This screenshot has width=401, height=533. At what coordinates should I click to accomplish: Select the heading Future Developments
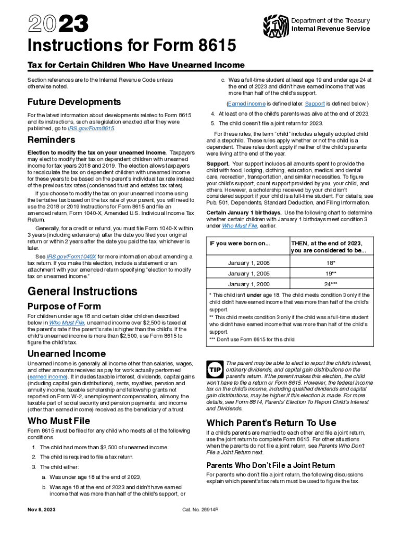(74, 102)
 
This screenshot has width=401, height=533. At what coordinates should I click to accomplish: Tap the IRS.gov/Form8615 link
(95, 128)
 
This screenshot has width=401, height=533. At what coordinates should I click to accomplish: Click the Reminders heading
(51, 140)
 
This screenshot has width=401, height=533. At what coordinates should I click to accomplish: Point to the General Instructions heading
(82, 291)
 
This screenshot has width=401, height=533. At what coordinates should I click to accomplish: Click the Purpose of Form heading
(64, 306)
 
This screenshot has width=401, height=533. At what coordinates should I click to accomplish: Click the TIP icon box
(215, 369)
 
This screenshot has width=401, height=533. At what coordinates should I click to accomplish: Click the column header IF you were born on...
(240, 244)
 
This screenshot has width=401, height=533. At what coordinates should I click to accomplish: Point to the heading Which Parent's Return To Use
(271, 423)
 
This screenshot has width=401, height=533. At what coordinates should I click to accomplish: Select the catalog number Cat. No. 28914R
(200, 509)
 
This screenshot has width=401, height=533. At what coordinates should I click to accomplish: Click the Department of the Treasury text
(331, 21)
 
